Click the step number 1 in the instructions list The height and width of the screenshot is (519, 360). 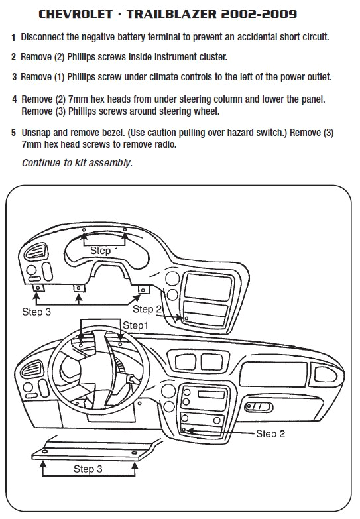(x=13, y=37)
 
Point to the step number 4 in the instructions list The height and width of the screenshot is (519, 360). (x=13, y=99)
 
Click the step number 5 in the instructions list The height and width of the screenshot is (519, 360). (x=13, y=133)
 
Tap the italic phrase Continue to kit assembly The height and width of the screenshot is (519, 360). (x=76, y=162)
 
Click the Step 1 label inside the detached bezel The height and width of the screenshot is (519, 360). (x=105, y=251)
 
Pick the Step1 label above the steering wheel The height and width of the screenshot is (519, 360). (x=136, y=325)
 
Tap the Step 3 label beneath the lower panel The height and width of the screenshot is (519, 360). (x=88, y=469)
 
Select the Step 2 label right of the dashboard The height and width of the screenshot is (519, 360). (x=270, y=434)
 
